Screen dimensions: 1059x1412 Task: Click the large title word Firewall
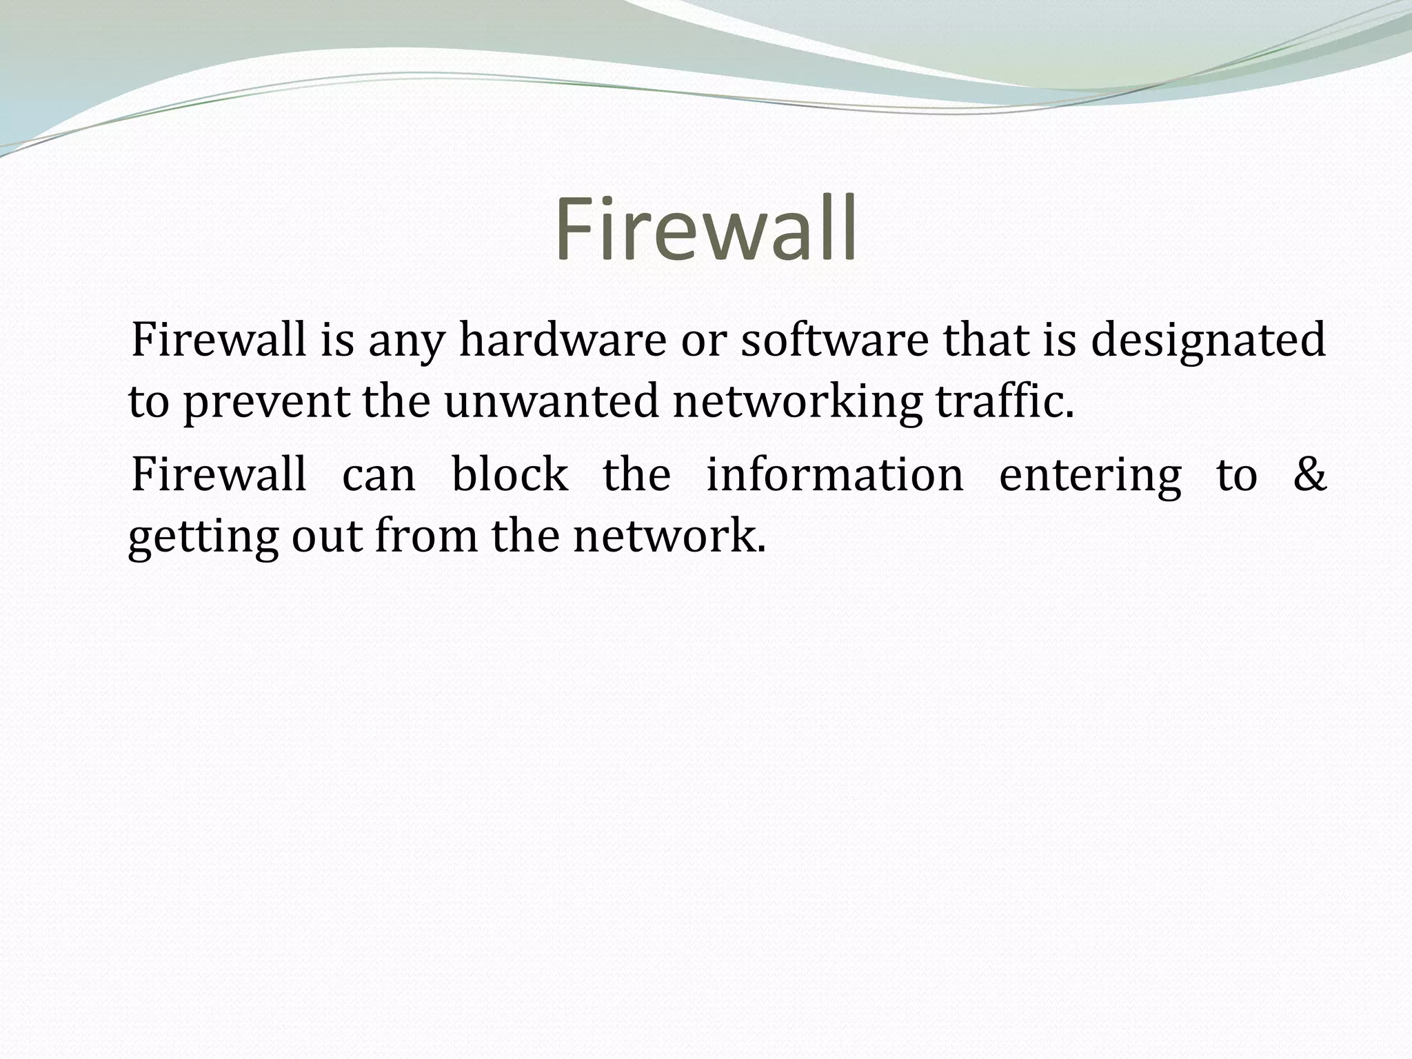[x=706, y=229]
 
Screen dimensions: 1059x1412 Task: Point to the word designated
[x=1208, y=341]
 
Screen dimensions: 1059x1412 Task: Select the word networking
[x=797, y=403]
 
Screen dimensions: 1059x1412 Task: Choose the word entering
[x=1090, y=476]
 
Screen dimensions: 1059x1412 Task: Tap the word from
[x=426, y=536]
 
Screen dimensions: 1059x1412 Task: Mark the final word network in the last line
[x=669, y=536]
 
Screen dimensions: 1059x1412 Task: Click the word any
[x=406, y=342]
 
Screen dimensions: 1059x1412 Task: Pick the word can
[x=379, y=476]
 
